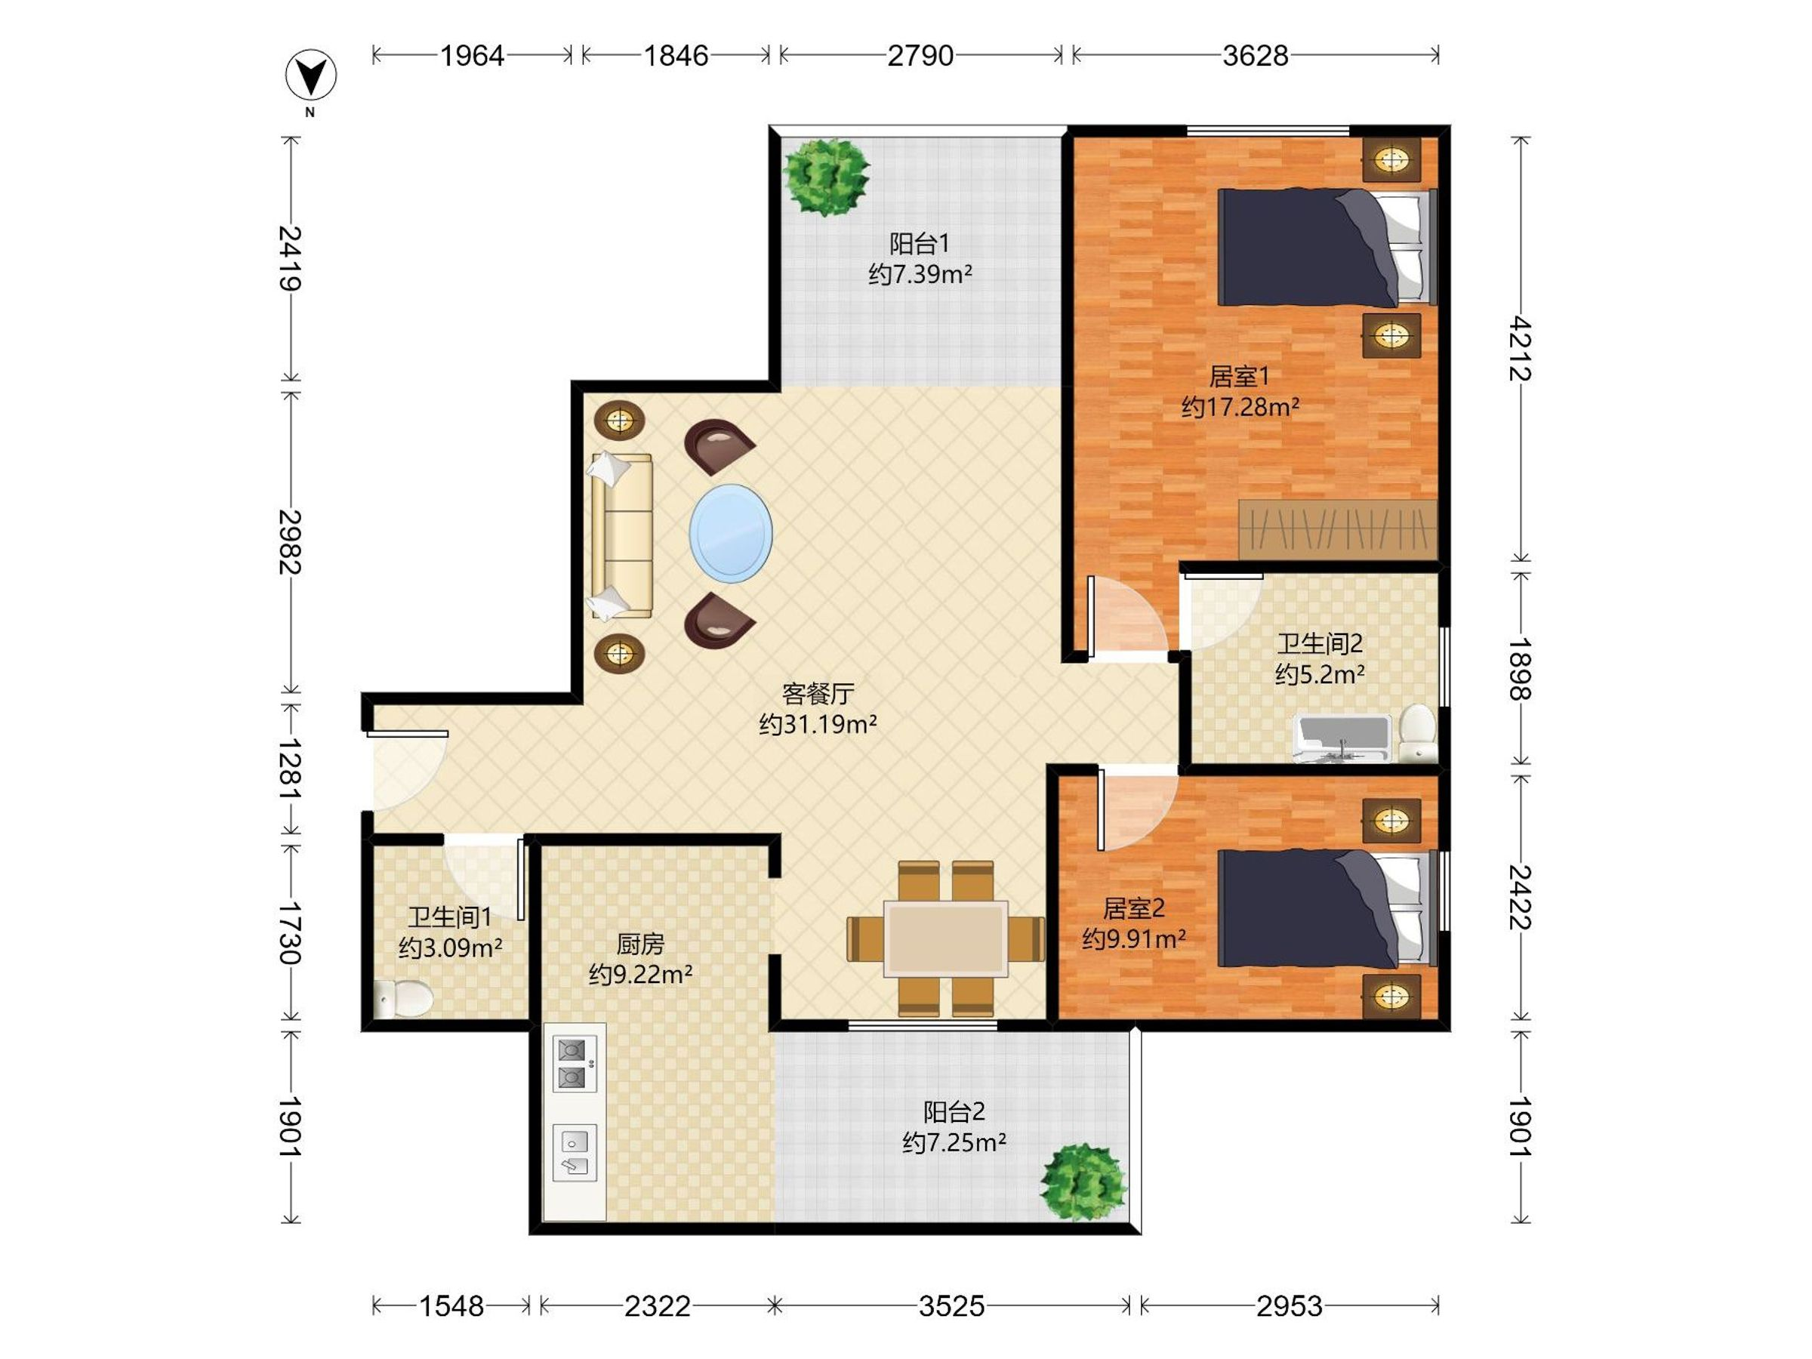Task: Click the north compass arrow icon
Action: pos(310,75)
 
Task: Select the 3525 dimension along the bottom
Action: pos(951,1305)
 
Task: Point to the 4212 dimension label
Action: pos(1520,348)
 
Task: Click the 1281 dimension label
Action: pos(291,769)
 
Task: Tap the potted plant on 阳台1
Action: pos(825,177)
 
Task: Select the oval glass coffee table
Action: pos(731,533)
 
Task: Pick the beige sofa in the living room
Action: pos(620,536)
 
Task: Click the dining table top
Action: pos(945,938)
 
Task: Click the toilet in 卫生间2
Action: pos(1417,733)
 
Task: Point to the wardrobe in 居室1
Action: pos(1338,529)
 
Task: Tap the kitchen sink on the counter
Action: pos(575,1151)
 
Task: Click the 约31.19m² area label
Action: pos(818,724)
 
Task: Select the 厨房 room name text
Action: pos(639,944)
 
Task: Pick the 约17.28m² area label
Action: pos(1240,406)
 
